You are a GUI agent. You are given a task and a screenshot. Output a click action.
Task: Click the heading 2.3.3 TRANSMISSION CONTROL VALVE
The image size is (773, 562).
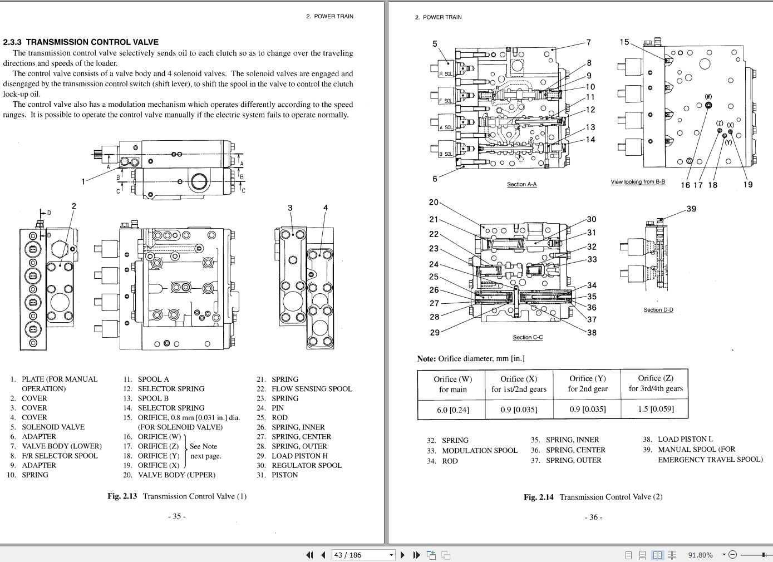click(81, 42)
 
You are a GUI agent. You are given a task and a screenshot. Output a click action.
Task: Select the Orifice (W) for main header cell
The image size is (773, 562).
click(452, 384)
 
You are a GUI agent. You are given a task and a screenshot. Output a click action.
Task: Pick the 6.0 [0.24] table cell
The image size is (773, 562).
click(452, 410)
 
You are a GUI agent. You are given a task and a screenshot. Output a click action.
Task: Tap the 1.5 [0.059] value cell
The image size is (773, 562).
click(655, 409)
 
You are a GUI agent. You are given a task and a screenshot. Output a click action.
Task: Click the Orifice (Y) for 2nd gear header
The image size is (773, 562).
click(587, 383)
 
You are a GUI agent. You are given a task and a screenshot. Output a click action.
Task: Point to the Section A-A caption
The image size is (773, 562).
click(521, 184)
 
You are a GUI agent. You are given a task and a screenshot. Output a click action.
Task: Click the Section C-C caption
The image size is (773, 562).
click(528, 337)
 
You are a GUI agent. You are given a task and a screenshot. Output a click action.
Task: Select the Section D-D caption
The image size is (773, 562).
click(658, 310)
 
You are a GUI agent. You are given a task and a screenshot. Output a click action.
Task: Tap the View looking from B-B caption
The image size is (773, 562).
click(637, 182)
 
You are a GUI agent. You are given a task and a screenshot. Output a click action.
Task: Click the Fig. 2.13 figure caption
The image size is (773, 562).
click(176, 496)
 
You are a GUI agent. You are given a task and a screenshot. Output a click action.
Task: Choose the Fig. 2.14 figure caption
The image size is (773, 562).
click(593, 497)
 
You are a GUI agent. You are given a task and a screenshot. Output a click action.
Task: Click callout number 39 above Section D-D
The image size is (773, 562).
click(691, 209)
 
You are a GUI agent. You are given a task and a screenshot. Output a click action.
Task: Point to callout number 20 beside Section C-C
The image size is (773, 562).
click(434, 203)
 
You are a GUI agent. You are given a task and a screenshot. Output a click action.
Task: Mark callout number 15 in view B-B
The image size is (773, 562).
click(624, 42)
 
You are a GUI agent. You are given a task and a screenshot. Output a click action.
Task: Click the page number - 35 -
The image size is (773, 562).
click(176, 516)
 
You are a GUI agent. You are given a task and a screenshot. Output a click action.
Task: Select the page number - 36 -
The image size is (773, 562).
click(593, 517)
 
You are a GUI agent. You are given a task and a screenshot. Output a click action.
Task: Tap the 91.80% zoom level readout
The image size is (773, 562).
click(700, 555)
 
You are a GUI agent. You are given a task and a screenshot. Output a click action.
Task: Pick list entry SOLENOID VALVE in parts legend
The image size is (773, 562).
click(53, 427)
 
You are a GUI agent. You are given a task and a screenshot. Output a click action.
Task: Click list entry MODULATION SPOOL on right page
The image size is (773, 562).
click(479, 450)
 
